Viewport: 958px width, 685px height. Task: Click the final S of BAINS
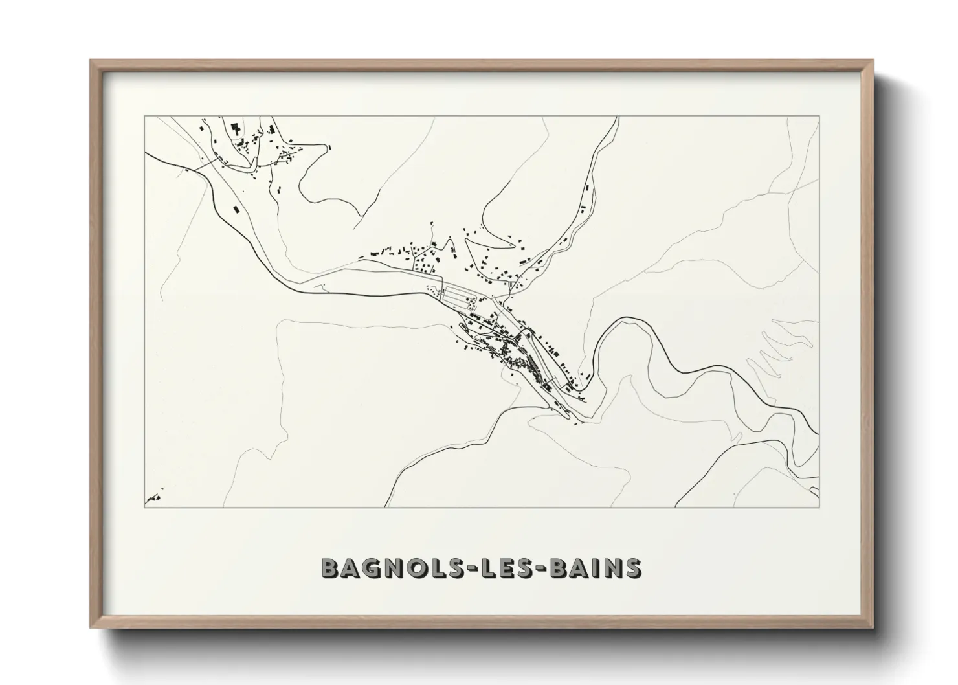coord(632,568)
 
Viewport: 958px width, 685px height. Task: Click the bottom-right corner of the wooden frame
coord(873,627)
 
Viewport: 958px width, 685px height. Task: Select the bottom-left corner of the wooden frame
coord(91,627)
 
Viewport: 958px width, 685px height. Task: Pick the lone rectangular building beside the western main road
coord(236,210)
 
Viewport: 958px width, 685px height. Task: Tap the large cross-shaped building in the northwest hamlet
coord(236,128)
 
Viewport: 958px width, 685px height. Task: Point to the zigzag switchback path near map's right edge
coord(774,353)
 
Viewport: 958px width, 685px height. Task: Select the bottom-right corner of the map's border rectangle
coord(819,507)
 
